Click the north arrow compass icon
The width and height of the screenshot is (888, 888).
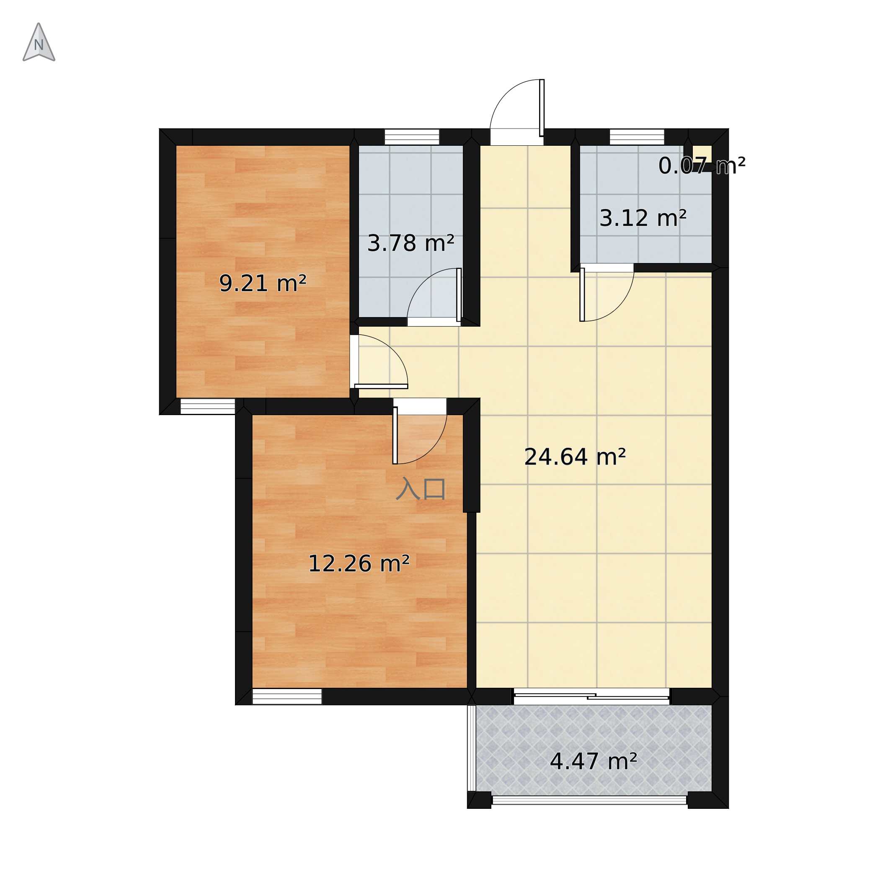pyautogui.click(x=39, y=42)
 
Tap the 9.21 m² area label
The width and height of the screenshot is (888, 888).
pyautogui.click(x=263, y=284)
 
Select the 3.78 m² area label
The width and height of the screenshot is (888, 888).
pyautogui.click(x=411, y=244)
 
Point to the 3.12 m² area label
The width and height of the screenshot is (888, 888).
pyautogui.click(x=643, y=218)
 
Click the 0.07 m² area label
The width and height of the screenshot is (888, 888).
pyautogui.click(x=702, y=166)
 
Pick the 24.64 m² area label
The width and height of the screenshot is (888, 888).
pyautogui.click(x=575, y=457)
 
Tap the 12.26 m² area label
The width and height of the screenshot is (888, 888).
pyautogui.click(x=359, y=564)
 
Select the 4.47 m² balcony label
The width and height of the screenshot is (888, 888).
pyautogui.click(x=594, y=762)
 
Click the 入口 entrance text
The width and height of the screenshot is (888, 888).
pyautogui.click(x=421, y=488)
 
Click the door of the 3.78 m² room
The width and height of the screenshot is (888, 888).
pyautogui.click(x=434, y=297)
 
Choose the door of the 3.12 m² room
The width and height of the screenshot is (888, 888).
pyautogui.click(x=607, y=293)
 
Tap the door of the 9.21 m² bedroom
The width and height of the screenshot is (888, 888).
pyautogui.click(x=379, y=362)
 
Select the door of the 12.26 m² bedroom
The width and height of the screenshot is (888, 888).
pyautogui.click(x=420, y=431)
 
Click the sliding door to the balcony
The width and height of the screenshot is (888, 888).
pyautogui.click(x=591, y=696)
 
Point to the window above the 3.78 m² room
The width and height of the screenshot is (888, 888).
pyautogui.click(x=412, y=137)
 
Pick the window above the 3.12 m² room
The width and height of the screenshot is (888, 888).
pyautogui.click(x=637, y=137)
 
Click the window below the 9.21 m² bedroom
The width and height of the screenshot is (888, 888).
pyautogui.click(x=208, y=406)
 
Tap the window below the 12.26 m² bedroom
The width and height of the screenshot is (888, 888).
pyautogui.click(x=287, y=697)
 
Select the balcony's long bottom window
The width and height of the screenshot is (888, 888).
pyautogui.click(x=589, y=800)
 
